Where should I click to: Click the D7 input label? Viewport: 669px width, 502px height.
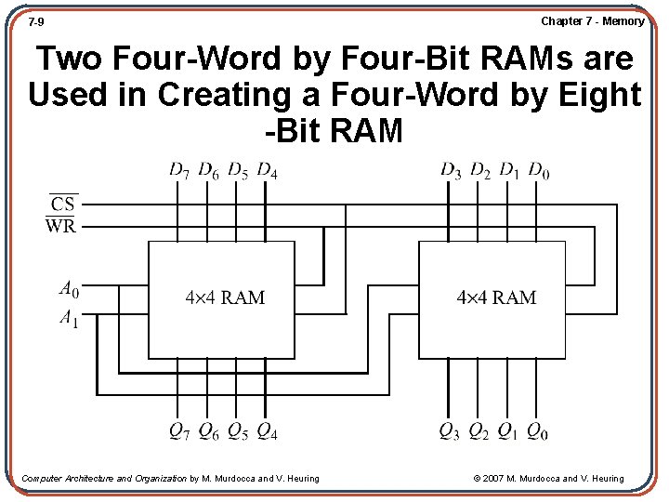(180, 170)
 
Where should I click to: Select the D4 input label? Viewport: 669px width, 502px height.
(268, 170)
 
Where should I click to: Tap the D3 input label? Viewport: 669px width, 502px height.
(451, 170)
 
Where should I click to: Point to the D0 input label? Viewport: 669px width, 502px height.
(539, 170)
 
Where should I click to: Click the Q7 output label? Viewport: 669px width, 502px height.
(180, 431)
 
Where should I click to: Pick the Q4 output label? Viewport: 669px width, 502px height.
(268, 431)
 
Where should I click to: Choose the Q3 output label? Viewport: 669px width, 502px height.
(451, 431)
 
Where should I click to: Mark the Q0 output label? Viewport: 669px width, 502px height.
(538, 431)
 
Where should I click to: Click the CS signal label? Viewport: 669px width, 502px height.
(62, 204)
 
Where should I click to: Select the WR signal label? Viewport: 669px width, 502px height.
(61, 225)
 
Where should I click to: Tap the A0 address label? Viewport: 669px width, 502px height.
(69, 290)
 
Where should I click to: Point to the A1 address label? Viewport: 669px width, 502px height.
(69, 319)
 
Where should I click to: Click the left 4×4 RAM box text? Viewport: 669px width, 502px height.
(225, 297)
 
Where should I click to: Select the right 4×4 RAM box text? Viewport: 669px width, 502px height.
(496, 297)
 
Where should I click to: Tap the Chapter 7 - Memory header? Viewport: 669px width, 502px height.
(592, 20)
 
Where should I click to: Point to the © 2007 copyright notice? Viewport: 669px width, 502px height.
(548, 478)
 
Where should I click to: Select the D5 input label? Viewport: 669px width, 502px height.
(238, 170)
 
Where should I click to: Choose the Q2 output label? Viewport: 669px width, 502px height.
(479, 431)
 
